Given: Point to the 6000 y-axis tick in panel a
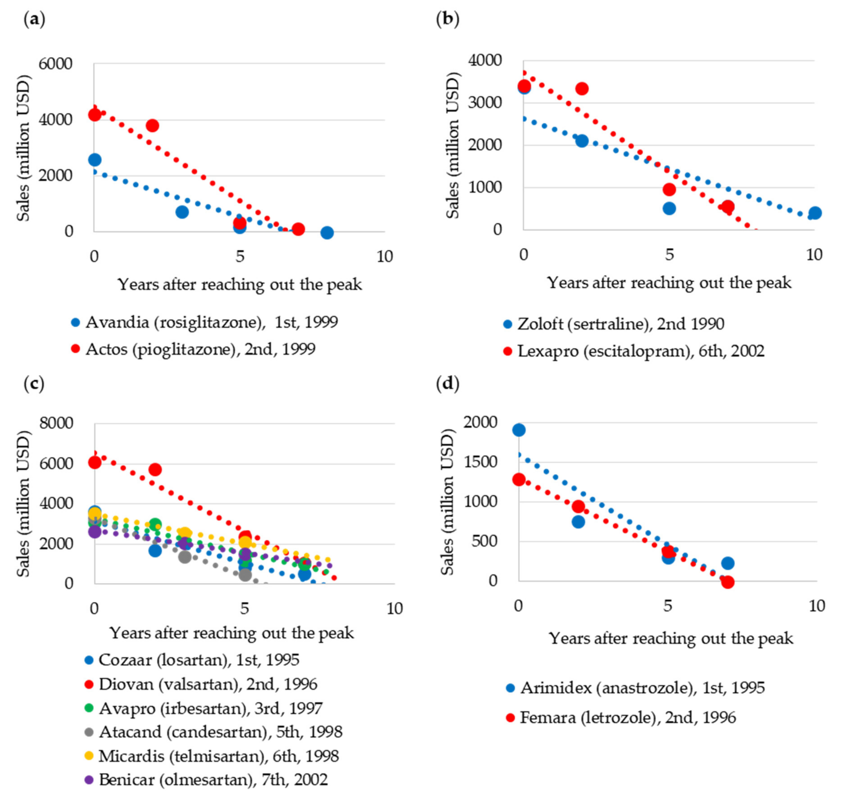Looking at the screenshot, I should [x=56, y=64].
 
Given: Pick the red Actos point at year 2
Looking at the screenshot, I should [x=152, y=126].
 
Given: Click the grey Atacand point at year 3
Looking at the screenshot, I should [x=184, y=557].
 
